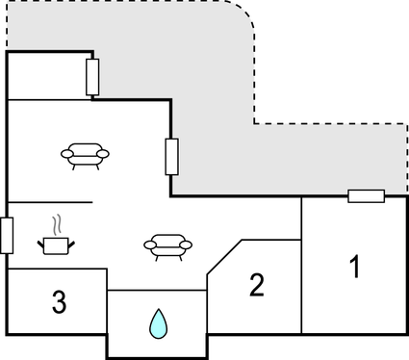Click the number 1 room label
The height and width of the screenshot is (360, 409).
(x=354, y=266)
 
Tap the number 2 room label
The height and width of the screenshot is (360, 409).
(x=256, y=285)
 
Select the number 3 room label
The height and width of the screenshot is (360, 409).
(x=60, y=302)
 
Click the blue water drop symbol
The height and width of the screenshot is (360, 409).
(x=157, y=323)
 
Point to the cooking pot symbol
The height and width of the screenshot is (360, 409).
(x=58, y=245)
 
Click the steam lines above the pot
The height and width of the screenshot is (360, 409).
(x=59, y=225)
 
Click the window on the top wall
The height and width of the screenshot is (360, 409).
(x=92, y=77)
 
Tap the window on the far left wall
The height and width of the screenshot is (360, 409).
(x=7, y=235)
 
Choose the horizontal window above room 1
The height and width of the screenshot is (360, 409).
(x=366, y=196)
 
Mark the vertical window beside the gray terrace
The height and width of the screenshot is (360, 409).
(x=171, y=156)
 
